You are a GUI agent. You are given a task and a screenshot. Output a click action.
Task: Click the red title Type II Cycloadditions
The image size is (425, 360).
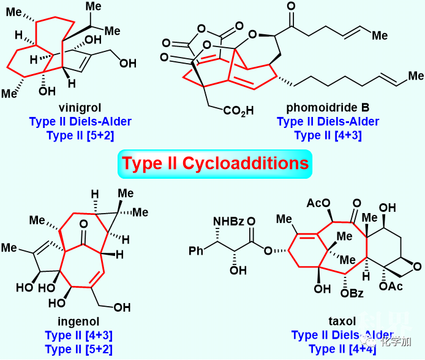(215, 163)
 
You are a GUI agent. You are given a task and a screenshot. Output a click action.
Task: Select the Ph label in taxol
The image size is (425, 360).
(194, 250)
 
